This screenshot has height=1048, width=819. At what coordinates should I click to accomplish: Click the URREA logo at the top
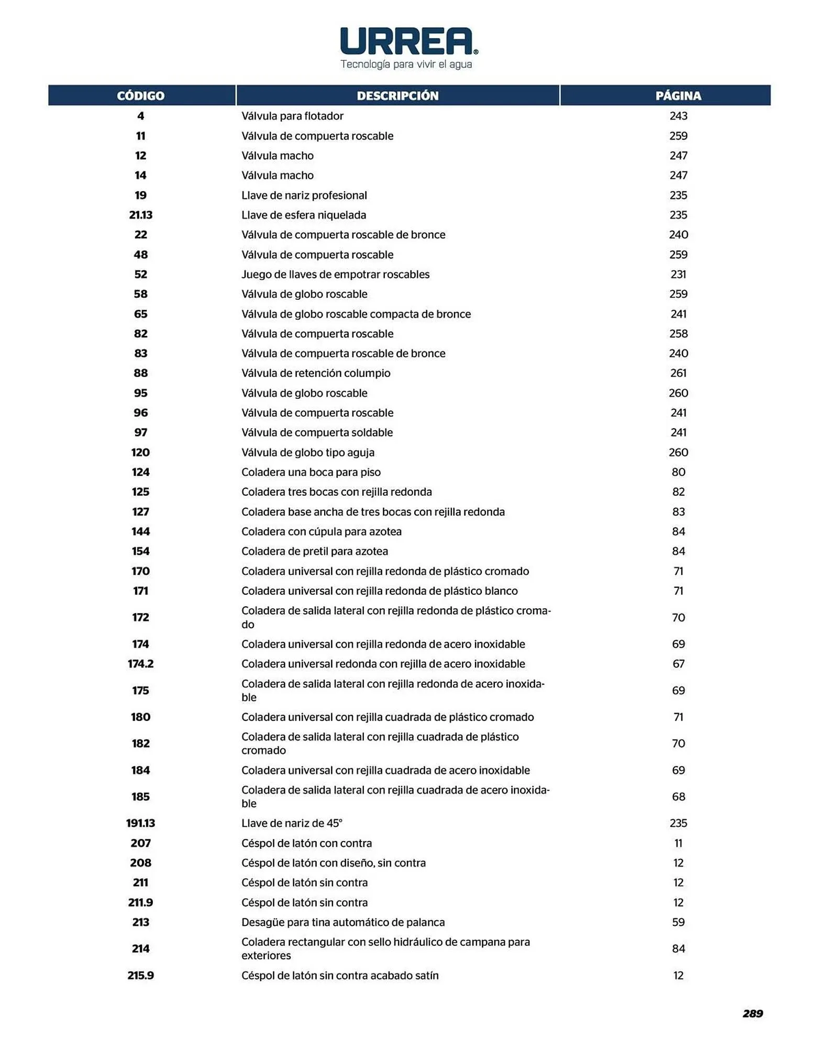point(408,41)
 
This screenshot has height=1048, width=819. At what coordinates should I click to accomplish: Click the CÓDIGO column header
point(140,96)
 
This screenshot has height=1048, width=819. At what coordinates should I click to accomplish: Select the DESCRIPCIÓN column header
point(397,96)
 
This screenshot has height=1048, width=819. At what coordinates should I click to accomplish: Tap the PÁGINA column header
point(678,96)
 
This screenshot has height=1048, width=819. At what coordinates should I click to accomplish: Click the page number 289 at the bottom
point(752,1013)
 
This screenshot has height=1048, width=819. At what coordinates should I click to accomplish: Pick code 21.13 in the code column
point(140,215)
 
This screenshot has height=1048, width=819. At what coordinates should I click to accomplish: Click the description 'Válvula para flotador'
point(292,116)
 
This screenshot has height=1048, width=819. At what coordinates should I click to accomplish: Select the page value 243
point(678,116)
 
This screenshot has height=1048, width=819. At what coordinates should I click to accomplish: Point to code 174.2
point(140,664)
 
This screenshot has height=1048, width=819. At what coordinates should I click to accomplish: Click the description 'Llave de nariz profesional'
point(304,195)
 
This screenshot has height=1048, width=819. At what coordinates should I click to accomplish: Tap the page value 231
point(678,275)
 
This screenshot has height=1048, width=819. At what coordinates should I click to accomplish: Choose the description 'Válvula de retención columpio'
point(316,373)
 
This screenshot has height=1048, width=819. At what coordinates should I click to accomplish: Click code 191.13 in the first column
point(140,823)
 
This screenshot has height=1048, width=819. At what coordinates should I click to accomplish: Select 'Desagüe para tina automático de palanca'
point(343,922)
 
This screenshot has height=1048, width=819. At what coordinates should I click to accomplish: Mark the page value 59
point(678,922)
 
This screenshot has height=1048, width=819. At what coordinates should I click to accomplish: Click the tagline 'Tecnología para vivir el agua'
point(406,64)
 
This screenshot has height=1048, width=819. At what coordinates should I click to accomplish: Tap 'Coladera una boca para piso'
point(311,472)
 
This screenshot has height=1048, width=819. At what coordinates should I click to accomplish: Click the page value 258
point(678,334)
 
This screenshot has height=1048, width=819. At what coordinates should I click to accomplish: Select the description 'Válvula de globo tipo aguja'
point(308,452)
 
